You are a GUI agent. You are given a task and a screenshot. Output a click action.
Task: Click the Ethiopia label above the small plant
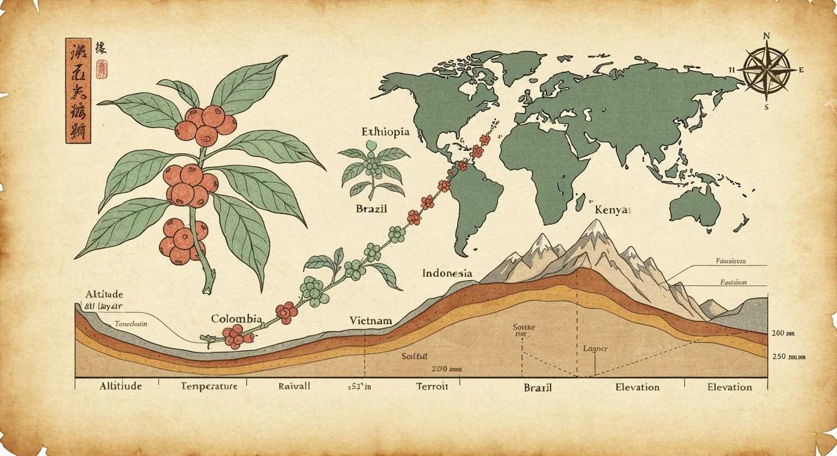[385, 132]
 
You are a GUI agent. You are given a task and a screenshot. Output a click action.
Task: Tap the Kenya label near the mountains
[612, 210]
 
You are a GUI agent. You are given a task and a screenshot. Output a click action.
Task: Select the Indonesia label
[447, 273]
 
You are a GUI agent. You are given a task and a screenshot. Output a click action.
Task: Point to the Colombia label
[237, 319]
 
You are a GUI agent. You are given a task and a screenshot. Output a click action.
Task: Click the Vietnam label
[370, 321]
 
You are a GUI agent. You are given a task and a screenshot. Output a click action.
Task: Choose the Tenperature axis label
[209, 387]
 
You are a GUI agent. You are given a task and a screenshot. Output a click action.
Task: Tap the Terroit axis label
[432, 387]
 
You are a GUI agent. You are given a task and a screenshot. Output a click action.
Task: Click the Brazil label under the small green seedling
[372, 209]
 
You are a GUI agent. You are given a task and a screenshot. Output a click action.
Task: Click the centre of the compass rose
[767, 71]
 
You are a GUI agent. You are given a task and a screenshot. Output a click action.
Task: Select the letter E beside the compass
[801, 70]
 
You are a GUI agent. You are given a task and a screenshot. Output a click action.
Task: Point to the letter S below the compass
[766, 107]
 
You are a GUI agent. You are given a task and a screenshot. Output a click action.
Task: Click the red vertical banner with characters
[78, 90]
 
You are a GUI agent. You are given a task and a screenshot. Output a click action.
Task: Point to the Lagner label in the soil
[594, 349]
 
